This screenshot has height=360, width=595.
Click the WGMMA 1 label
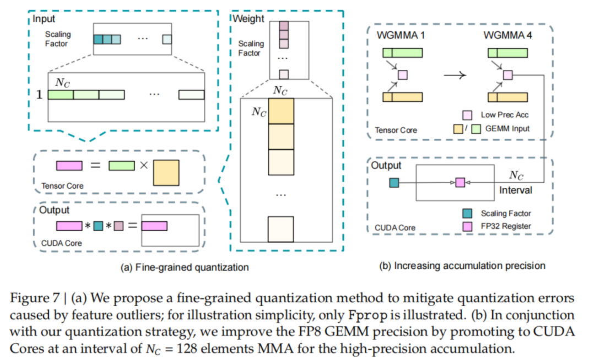(401, 35)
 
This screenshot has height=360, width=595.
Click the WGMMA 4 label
(507, 35)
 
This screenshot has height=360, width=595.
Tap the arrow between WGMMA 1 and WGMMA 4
(455, 75)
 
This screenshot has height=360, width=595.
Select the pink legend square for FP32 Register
(467, 227)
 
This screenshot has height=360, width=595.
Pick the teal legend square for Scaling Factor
(467, 213)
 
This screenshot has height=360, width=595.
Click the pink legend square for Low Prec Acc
(467, 115)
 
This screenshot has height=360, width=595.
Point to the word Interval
(515, 190)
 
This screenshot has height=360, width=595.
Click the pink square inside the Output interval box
(460, 182)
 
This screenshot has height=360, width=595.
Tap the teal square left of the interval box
(394, 182)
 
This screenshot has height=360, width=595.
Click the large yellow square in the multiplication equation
(166, 173)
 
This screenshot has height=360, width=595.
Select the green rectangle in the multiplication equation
(121, 165)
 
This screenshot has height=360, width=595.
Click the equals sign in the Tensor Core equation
(95, 165)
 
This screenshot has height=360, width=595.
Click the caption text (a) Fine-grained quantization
(185, 267)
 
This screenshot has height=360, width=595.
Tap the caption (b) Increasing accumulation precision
(462, 266)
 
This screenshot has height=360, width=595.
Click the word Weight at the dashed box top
(248, 19)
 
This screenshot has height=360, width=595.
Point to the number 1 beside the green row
(39, 94)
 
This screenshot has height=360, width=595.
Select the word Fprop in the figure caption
(367, 315)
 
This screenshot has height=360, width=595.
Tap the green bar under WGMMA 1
(403, 53)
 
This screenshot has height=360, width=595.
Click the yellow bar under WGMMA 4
(508, 97)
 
